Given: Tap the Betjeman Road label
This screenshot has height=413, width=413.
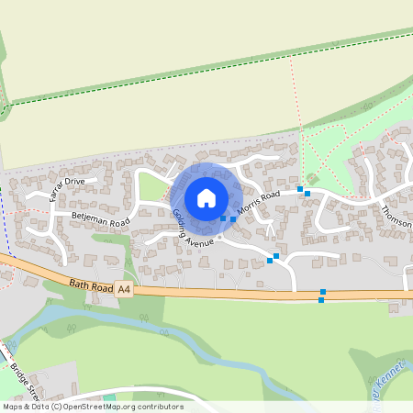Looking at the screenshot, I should pyautogui.click(x=100, y=220).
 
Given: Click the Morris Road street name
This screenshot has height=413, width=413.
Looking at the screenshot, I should pyautogui.click(x=258, y=203).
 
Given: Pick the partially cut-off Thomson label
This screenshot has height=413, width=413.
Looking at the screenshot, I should pyautogui.click(x=397, y=218).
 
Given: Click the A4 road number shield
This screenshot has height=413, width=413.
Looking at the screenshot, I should pyautogui.click(x=124, y=291).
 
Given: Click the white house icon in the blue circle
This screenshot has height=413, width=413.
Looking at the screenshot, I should pyautogui.click(x=206, y=197).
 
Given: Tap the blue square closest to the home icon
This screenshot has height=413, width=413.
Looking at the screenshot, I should pyautogui.click(x=223, y=218).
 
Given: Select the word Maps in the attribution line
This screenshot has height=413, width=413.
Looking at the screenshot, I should pyautogui.click(x=13, y=406).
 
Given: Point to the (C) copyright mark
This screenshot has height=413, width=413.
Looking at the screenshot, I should pyautogui.click(x=59, y=406).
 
